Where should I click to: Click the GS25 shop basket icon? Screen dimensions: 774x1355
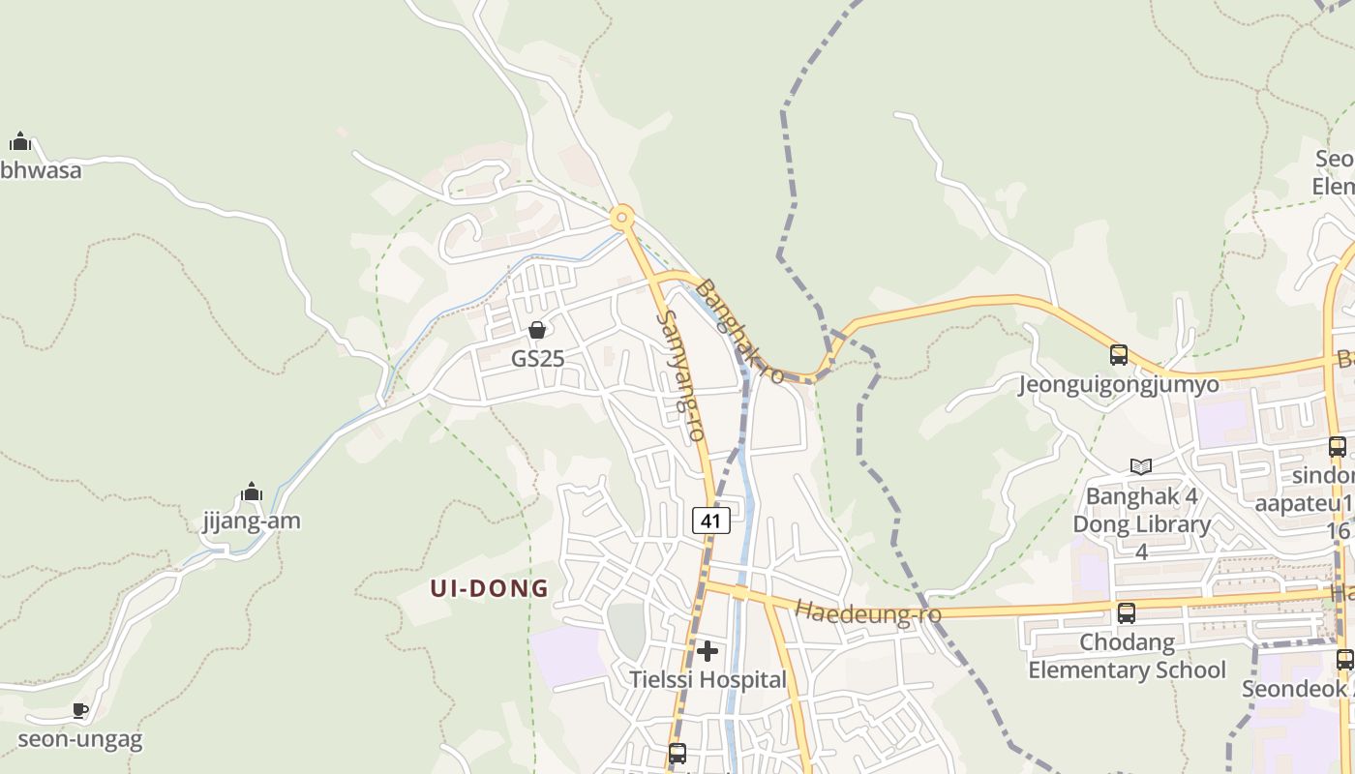click(x=537, y=331)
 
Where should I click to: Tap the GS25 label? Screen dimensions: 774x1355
click(x=537, y=358)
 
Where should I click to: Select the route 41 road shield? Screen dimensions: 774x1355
click(x=710, y=521)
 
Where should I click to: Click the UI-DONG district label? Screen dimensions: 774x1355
click(x=490, y=588)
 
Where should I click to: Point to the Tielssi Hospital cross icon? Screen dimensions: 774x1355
click(x=708, y=651)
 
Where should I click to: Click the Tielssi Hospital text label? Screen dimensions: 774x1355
click(x=708, y=679)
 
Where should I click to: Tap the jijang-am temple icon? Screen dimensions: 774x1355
click(x=252, y=492)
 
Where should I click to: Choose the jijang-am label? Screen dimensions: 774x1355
click(x=252, y=521)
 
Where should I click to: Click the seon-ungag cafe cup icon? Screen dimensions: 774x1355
click(x=80, y=711)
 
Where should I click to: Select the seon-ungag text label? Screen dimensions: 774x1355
click(x=80, y=740)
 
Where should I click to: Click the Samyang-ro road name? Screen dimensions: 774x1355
click(x=679, y=375)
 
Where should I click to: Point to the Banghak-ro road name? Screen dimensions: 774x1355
click(x=740, y=331)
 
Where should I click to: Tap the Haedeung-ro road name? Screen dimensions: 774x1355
click(x=855, y=611)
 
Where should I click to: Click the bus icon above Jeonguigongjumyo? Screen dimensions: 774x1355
click(x=1119, y=355)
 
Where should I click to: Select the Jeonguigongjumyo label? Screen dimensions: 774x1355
click(x=1118, y=385)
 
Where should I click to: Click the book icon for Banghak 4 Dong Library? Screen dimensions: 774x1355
click(x=1141, y=467)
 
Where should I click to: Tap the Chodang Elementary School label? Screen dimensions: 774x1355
click(x=1127, y=656)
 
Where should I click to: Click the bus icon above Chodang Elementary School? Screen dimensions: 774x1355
click(x=1127, y=613)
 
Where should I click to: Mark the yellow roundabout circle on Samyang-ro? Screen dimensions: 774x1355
click(x=621, y=217)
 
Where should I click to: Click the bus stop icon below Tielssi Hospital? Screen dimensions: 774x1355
click(x=677, y=753)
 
